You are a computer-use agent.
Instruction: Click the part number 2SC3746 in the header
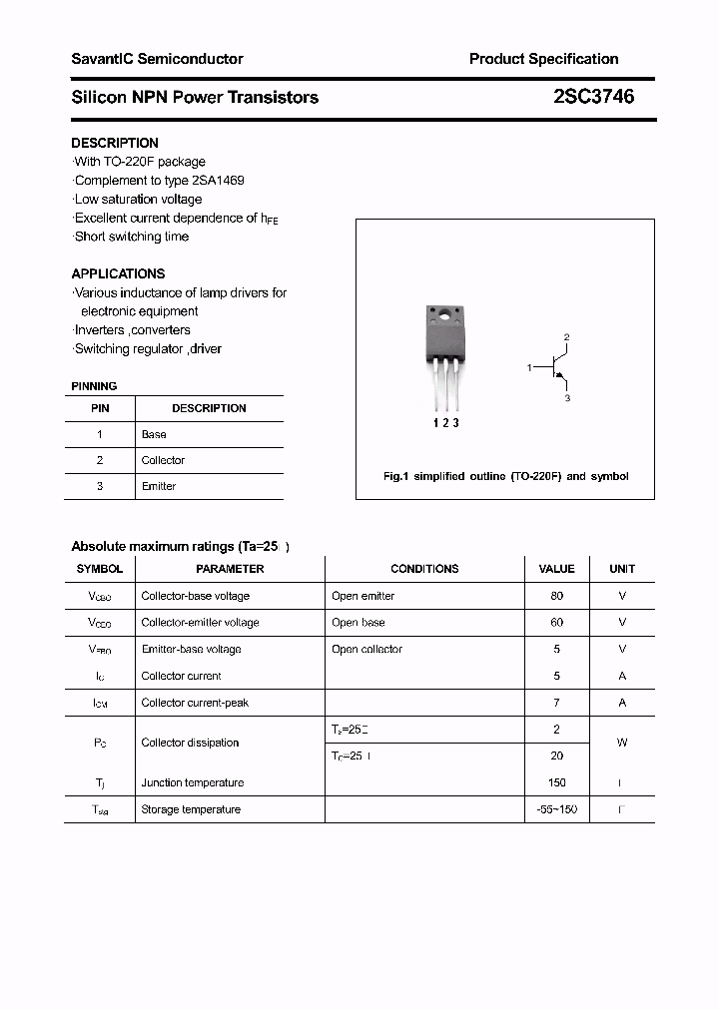(x=593, y=97)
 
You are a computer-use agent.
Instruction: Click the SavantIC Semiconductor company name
(x=157, y=59)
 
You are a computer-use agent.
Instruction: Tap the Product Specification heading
(x=543, y=59)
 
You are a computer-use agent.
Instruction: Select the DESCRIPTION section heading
(x=115, y=143)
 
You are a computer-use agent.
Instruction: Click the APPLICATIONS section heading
(x=118, y=273)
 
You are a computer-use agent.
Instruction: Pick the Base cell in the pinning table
(x=154, y=434)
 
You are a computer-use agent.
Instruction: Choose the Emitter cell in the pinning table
(x=159, y=486)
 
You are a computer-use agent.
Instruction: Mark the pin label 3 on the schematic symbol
(x=567, y=398)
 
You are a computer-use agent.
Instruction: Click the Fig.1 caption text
(x=506, y=476)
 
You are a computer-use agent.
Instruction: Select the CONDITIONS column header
(x=424, y=569)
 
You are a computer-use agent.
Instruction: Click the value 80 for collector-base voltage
(x=556, y=596)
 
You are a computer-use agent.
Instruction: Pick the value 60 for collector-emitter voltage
(x=556, y=622)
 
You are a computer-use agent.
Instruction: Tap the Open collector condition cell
(x=366, y=649)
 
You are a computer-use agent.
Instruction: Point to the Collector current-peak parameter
(x=195, y=703)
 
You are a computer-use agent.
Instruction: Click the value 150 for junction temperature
(x=556, y=782)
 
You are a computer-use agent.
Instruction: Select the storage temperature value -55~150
(x=556, y=809)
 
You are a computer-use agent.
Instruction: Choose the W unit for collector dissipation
(x=622, y=743)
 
